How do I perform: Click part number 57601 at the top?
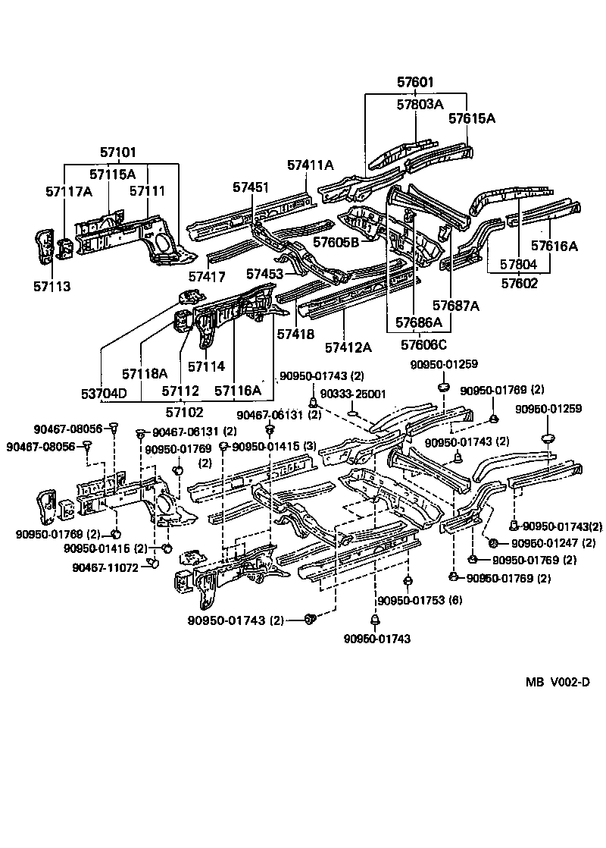(x=417, y=83)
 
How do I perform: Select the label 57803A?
(x=417, y=105)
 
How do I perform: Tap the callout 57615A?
(x=471, y=118)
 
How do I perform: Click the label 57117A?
(x=69, y=191)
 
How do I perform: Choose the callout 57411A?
(x=311, y=165)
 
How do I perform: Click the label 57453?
(x=264, y=273)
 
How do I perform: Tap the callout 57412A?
(x=348, y=347)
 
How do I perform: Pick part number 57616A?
(x=554, y=246)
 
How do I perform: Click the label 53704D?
(x=105, y=393)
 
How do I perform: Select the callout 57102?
(x=186, y=412)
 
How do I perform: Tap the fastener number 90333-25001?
(x=353, y=394)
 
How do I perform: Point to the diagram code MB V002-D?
(x=558, y=682)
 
